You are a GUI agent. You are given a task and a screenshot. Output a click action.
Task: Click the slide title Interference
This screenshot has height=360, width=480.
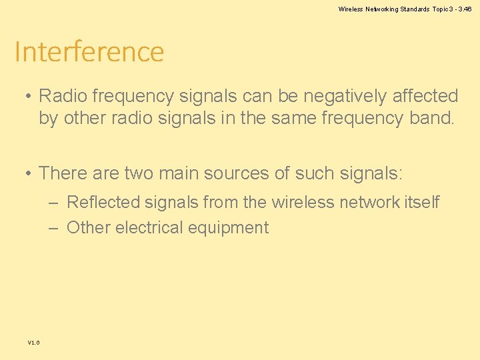(89, 52)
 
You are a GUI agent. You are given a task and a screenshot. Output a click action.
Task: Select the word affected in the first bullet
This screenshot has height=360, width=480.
(425, 97)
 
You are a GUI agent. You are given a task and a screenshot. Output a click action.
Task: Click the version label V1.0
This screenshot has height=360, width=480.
(33, 343)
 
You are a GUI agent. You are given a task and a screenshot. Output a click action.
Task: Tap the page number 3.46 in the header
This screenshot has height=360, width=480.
(465, 9)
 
